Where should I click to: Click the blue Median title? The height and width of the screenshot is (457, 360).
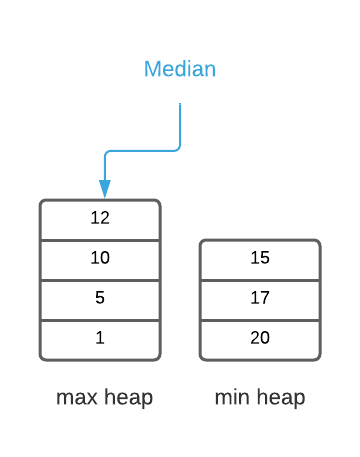tap(180, 70)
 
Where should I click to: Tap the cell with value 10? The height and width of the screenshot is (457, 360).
tap(100, 259)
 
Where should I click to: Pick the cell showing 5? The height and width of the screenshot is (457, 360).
tap(100, 299)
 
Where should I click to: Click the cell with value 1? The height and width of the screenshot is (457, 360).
tap(100, 339)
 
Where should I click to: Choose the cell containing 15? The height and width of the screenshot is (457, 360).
tap(260, 259)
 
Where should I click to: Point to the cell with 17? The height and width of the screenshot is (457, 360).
tap(260, 299)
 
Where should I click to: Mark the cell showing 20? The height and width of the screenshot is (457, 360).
tap(260, 339)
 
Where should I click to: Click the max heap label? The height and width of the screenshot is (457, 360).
tap(104, 398)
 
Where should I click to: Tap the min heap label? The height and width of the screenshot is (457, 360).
tap(260, 398)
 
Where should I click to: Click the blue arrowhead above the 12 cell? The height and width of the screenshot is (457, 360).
tap(104, 189)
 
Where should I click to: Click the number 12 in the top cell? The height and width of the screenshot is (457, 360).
tap(100, 218)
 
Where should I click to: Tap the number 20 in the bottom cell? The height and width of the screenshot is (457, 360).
tap(260, 338)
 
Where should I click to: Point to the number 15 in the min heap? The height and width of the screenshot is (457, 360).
tap(260, 258)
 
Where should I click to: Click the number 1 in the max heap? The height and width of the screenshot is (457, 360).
tap(100, 338)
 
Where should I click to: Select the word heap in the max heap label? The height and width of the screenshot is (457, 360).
tap(129, 398)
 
